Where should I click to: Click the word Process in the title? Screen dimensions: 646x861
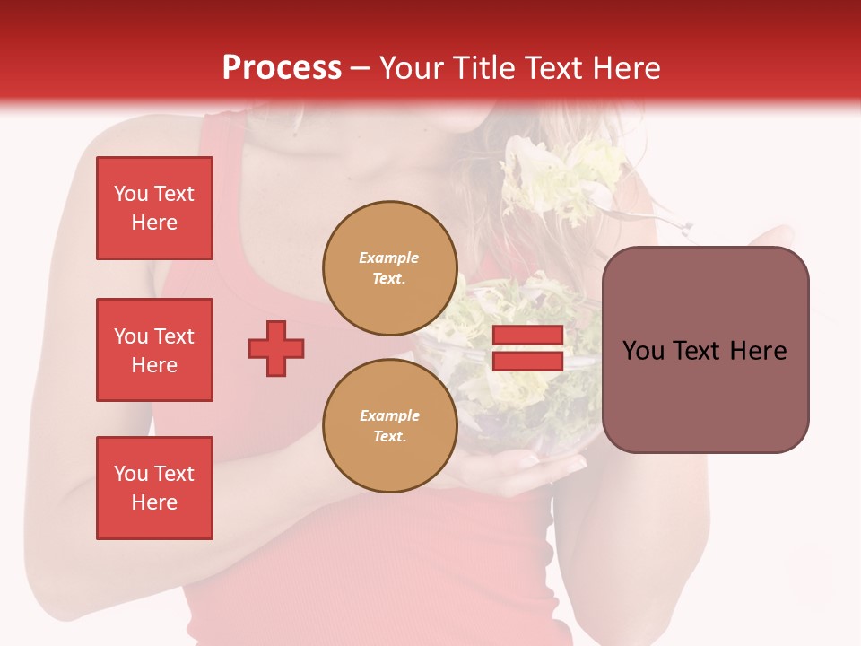click(282, 68)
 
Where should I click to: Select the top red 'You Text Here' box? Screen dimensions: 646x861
click(154, 208)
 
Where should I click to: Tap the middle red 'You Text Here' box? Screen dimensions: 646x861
click(154, 350)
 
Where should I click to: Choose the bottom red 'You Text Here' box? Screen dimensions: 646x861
click(154, 488)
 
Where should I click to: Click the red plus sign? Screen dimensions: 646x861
click(276, 348)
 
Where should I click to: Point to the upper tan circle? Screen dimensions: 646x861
click(389, 268)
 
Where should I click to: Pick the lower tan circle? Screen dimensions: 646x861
click(389, 426)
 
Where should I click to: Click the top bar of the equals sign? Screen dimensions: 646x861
click(527, 336)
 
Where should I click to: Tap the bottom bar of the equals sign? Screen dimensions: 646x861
click(527, 361)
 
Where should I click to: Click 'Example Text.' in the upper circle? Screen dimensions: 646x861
click(389, 268)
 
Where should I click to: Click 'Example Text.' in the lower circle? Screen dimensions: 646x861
click(389, 426)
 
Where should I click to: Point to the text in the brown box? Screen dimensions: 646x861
click(705, 351)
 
